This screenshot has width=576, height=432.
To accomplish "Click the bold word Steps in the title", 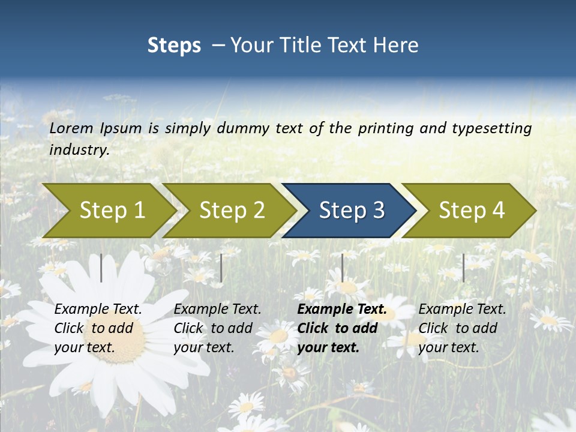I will click(174, 45).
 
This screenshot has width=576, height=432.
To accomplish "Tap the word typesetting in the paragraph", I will click(489, 128).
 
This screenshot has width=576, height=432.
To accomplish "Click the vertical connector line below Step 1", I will click(101, 268).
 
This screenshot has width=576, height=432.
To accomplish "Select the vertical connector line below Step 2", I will click(221, 268).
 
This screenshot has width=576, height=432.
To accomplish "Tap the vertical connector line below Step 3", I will click(343, 268).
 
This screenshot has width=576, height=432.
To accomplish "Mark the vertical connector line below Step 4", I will click(463, 268).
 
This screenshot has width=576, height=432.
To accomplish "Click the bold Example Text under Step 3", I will click(342, 310).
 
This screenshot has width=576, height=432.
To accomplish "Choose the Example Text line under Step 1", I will click(98, 310).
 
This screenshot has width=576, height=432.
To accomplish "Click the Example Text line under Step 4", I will click(462, 310).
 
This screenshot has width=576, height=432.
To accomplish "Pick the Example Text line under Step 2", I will click(217, 310).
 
